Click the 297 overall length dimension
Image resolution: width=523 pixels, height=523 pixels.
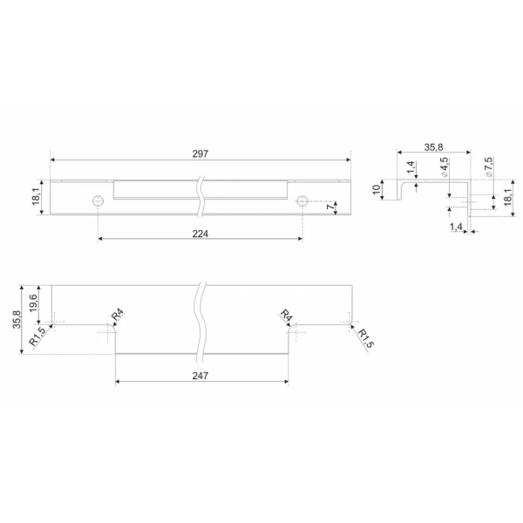click(200, 153)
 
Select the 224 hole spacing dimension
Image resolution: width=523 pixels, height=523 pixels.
click(200, 234)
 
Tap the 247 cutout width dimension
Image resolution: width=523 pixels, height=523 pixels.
click(200, 376)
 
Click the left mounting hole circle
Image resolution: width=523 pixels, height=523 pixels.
click(98, 200)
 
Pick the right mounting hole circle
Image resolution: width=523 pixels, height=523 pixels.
click(302, 200)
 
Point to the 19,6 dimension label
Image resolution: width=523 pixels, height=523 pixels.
click(33, 302)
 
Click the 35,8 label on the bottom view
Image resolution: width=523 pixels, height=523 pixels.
click(17, 320)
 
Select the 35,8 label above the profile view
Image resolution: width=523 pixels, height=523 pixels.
click(433, 147)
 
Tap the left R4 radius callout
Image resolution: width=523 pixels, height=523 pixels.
click(117, 315)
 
